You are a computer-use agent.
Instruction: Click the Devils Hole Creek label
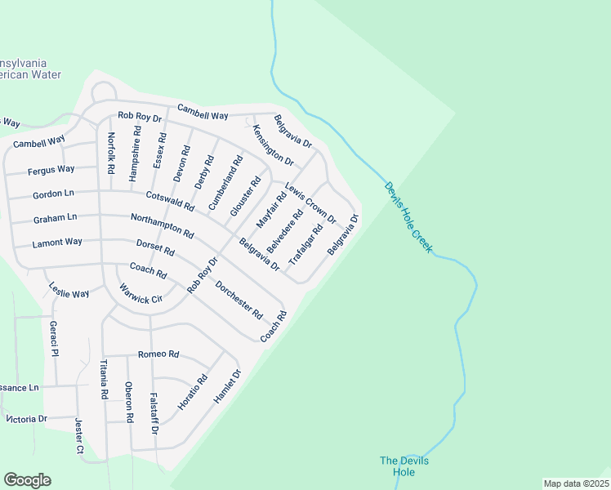pos(409,216)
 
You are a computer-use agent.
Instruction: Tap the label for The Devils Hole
pos(404,466)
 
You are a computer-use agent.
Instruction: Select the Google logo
pos(27,480)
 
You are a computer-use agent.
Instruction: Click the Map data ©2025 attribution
pos(576,483)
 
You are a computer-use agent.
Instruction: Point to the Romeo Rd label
pos(158,354)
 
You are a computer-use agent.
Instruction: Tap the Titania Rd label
pos(104,380)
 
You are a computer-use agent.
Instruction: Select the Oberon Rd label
pos(128,399)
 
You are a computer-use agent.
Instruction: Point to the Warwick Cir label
pos(141,294)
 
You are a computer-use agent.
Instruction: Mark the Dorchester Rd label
pos(239,300)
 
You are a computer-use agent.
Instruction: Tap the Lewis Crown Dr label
pos(310,203)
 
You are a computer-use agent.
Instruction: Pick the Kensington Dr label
pos(273,145)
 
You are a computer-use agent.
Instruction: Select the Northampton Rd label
pos(162,225)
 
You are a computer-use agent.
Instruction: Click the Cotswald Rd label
pos(170,201)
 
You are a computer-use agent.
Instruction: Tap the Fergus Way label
pos(51,170)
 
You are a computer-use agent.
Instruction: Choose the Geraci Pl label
pos(53,338)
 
